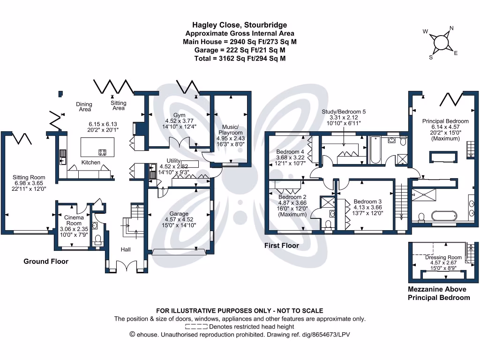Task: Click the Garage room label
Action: [179, 213]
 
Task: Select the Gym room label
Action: [180, 115]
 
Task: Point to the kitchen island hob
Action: [101, 152]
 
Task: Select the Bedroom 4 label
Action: [290, 152]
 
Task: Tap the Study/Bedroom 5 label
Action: [344, 112]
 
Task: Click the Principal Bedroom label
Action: [445, 121]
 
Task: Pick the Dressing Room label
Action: [443, 257]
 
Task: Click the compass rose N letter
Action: [451, 29]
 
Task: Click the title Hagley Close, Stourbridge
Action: [240, 25]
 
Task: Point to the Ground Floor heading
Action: [46, 261]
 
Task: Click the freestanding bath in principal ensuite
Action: [443, 216]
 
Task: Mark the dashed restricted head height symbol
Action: [196, 326]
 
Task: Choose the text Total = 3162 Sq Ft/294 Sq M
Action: [240, 59]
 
